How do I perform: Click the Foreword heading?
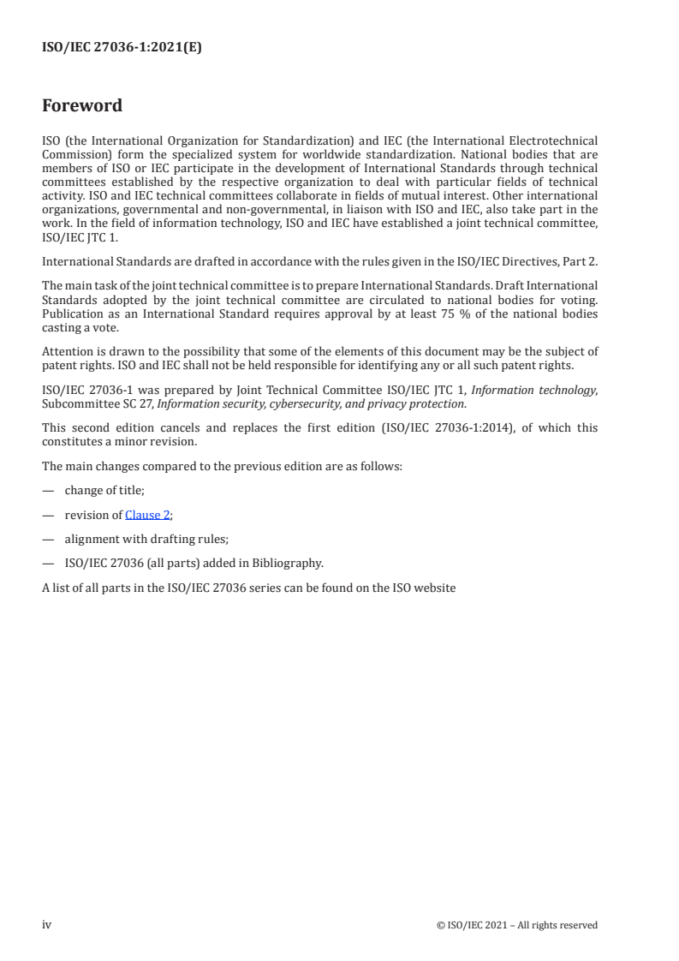tap(82, 106)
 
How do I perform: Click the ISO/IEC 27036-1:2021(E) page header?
tap(122, 49)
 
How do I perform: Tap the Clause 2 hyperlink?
tap(147, 515)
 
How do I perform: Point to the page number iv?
tap(47, 924)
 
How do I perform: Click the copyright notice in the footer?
tap(516, 925)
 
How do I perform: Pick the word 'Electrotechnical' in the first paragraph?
tap(554, 139)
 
